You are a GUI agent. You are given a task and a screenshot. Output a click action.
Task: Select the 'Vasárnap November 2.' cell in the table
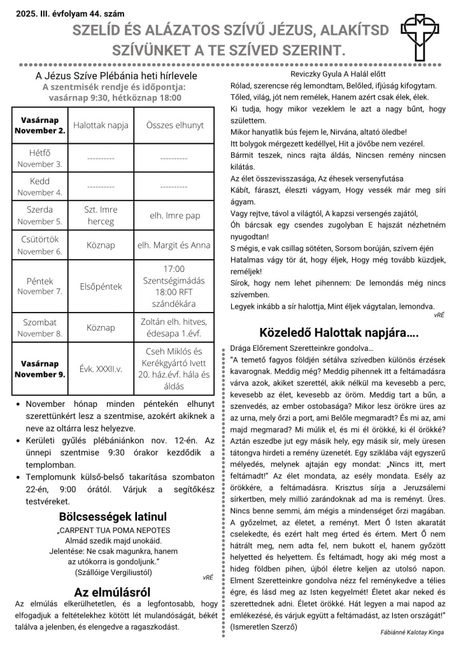pyautogui.click(x=39, y=125)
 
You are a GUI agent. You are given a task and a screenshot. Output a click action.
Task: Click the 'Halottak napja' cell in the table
pyautogui.click(x=100, y=125)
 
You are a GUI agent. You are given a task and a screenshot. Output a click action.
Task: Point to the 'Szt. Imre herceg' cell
pyautogui.click(x=100, y=216)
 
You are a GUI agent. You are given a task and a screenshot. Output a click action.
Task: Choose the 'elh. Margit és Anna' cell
pyautogui.click(x=174, y=245)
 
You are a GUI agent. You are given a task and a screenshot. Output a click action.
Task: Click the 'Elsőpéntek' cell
pyautogui.click(x=100, y=287)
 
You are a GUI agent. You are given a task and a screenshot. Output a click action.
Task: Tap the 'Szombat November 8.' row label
pyautogui.click(x=39, y=328)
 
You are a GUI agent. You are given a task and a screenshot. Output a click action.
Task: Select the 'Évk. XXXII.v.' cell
pyautogui.click(x=100, y=369)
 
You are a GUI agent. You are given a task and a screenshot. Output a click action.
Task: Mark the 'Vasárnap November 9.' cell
pyautogui.click(x=39, y=369)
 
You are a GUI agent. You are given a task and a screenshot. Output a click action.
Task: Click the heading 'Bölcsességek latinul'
pyautogui.click(x=113, y=516)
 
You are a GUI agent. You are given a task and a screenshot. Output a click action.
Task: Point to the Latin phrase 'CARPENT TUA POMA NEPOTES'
pyautogui.click(x=115, y=530)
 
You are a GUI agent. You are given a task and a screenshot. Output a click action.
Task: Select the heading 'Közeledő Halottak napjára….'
pyautogui.click(x=339, y=332)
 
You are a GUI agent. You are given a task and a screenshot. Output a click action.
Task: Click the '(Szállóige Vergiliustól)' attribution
pyautogui.click(x=113, y=572)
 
